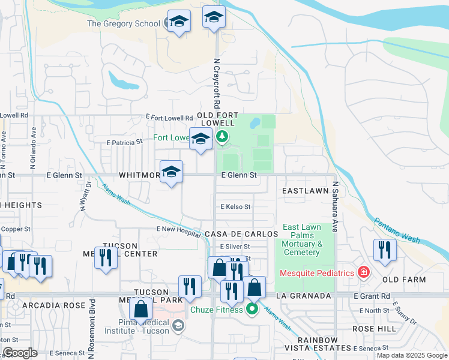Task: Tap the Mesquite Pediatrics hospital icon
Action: coord(363,273)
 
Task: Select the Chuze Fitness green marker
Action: coord(253,310)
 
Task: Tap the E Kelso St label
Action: coord(235,206)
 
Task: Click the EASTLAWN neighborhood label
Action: coord(305,191)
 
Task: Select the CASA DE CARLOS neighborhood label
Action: coord(240,233)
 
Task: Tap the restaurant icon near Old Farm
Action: coord(384,250)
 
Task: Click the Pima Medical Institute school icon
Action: coord(178,326)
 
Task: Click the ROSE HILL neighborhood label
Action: coord(374,329)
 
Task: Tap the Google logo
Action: coord(20,353)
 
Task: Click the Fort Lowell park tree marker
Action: coord(223,137)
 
